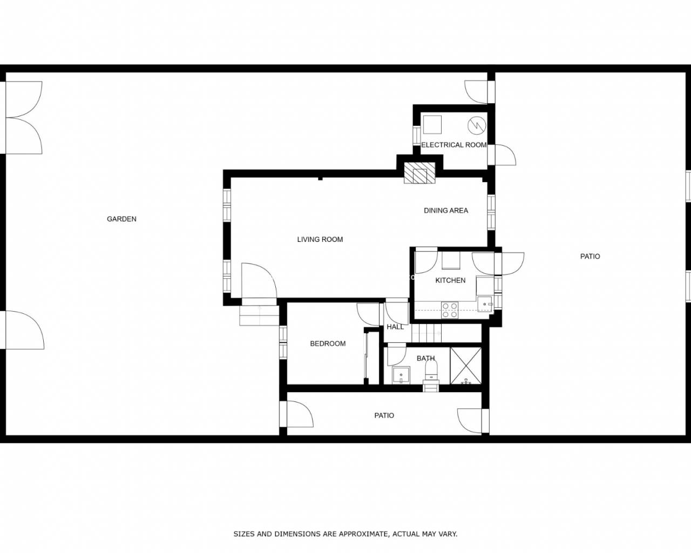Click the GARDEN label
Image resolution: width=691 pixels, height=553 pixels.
[121, 219]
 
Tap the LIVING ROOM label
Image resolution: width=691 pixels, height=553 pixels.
[320, 239]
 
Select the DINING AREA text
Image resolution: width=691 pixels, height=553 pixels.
[446, 211]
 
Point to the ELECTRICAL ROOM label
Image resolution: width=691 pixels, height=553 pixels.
[453, 145]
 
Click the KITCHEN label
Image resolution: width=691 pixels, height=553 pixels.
[450, 280]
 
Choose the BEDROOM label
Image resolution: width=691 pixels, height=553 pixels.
[328, 343]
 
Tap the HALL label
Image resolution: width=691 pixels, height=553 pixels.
[395, 327]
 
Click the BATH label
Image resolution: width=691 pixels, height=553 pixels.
[425, 358]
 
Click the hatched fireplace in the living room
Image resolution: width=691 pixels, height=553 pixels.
[419, 173]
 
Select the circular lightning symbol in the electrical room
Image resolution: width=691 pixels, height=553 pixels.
[477, 125]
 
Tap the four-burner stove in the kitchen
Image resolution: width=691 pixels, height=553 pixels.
[450, 310]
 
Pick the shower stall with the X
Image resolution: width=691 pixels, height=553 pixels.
[465, 366]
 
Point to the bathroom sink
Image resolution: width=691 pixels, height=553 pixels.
[401, 375]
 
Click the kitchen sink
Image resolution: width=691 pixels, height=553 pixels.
[485, 304]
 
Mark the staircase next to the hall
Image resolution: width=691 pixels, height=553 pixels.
[426, 333]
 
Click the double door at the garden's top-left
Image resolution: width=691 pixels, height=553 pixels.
[24, 118]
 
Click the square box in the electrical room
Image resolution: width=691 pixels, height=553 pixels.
[432, 124]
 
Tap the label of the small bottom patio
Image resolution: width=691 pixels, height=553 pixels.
[384, 415]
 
